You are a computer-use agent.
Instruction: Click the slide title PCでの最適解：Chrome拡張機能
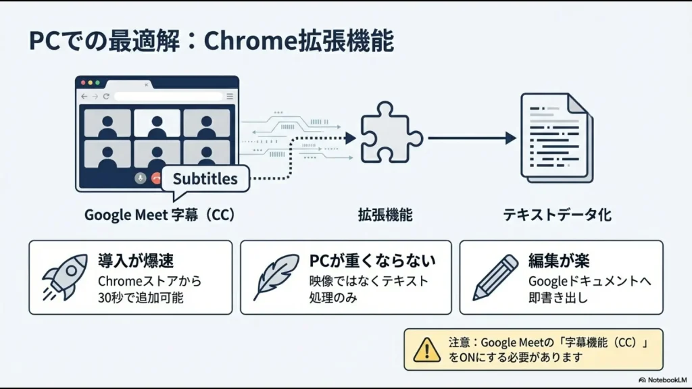pyautogui.click(x=211, y=42)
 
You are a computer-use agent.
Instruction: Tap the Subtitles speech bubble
pyautogui.click(x=205, y=180)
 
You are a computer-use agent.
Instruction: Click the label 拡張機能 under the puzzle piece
pyautogui.click(x=385, y=215)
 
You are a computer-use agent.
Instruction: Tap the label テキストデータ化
pyautogui.click(x=557, y=215)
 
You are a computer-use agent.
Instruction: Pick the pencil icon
pyautogui.click(x=495, y=277)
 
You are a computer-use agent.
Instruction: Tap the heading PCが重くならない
pyautogui.click(x=372, y=261)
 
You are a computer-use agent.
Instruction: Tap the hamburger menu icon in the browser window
pyautogui.click(x=230, y=97)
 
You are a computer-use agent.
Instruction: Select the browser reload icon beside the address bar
pyautogui.click(x=106, y=97)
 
